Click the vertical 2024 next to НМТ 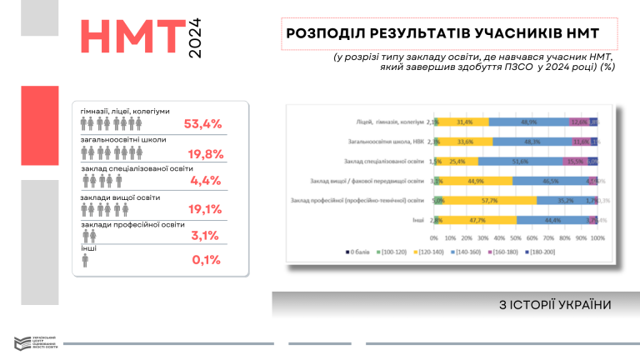click(195, 38)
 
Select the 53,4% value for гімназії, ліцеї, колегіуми click(202, 124)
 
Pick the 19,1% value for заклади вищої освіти click(202, 209)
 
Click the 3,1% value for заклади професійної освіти click(205, 235)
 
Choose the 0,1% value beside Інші click(205, 260)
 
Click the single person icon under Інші click(85, 261)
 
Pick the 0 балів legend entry click(359, 251)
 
